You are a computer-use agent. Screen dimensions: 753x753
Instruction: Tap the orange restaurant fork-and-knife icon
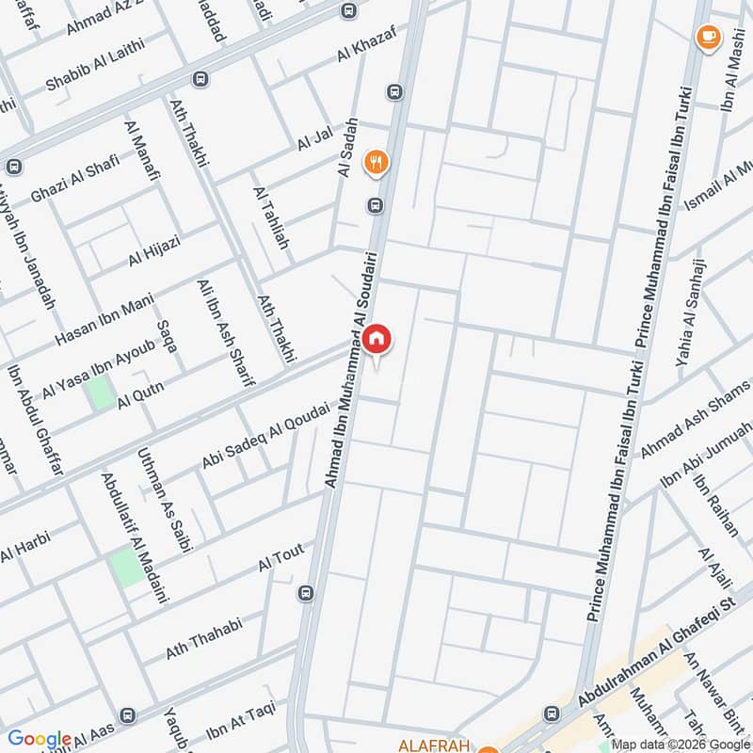(x=377, y=163)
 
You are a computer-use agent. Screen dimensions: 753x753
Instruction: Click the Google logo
(x=40, y=739)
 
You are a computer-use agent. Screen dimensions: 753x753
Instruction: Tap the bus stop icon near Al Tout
(x=305, y=593)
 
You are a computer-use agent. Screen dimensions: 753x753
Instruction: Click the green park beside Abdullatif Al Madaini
(x=124, y=568)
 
